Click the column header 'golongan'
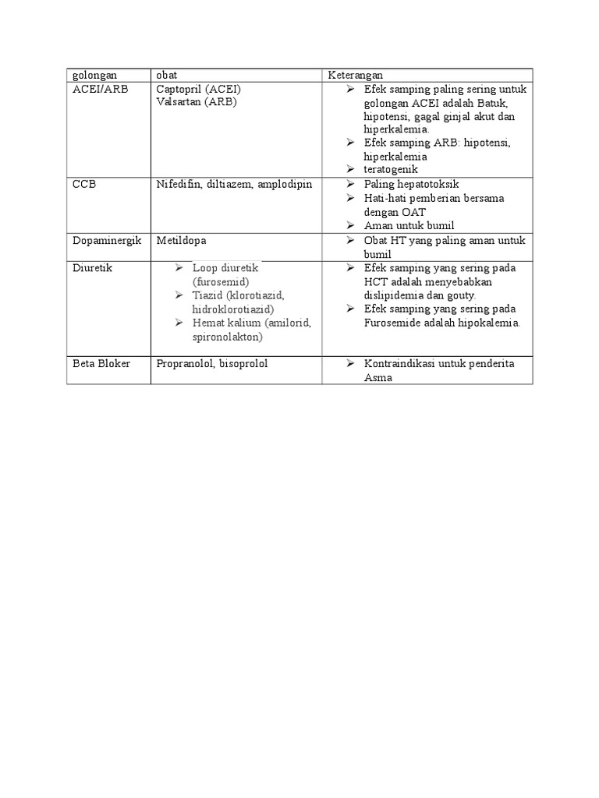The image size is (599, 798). pos(94,75)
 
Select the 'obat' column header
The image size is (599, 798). pos(166,75)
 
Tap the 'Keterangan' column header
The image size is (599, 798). pos(355,75)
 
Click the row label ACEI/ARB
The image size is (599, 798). pos(100,89)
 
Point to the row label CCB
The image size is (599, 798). pos(84,185)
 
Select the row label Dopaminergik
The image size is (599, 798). pos(107,241)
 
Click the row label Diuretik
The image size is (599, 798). pos(93,268)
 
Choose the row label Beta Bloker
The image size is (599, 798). pos(101,364)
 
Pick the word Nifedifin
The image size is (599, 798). pos(178,185)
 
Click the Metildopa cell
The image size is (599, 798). pos(182,241)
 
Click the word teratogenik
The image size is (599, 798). pos(391,169)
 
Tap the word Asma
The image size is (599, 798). pos(377,378)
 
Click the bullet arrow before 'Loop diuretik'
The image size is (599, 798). pos(179,268)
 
